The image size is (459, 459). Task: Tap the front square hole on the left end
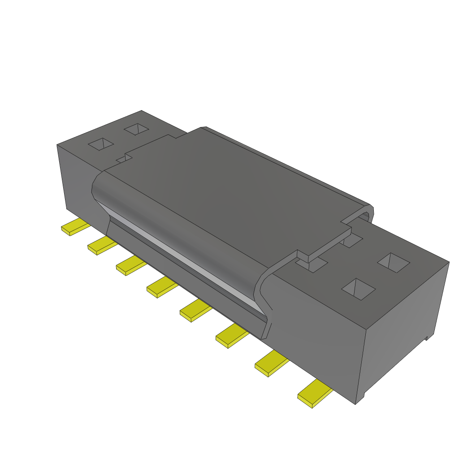102,144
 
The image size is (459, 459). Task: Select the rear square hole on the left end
137,130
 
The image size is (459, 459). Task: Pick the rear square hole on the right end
393,263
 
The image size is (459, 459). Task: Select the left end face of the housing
74,179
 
